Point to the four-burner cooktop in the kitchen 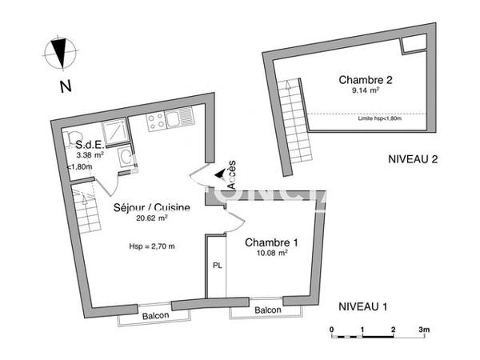157,121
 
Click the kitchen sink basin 180,121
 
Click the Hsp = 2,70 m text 151,246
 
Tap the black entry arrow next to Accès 220,174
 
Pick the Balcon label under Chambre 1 268,310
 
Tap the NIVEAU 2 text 414,158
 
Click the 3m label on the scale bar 424,329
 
